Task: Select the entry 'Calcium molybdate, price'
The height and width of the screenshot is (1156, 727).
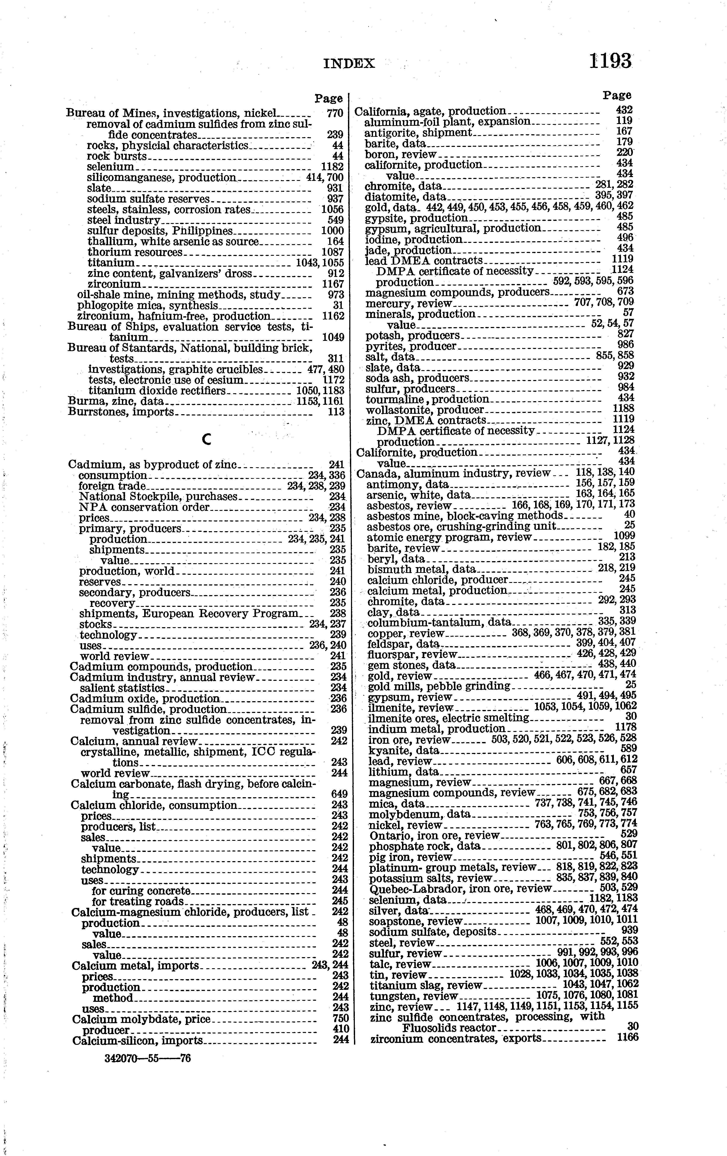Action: [x=141, y=1019]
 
